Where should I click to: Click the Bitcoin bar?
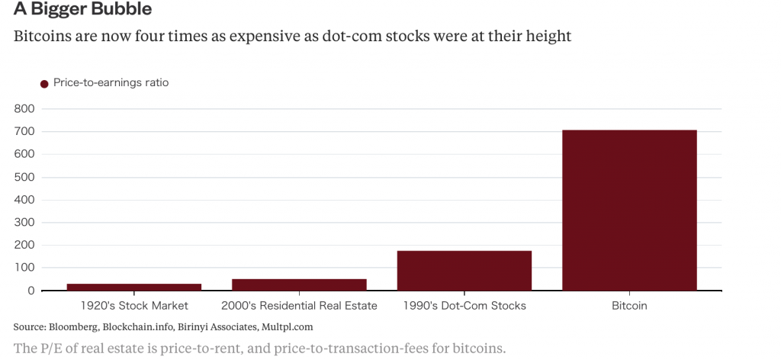pyautogui.click(x=629, y=210)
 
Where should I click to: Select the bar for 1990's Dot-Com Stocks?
pyautogui.click(x=464, y=271)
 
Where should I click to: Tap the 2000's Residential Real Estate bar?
pyautogui.click(x=299, y=284)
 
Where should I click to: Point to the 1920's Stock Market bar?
pyautogui.click(x=134, y=287)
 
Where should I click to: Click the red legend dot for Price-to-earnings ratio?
pyautogui.click(x=44, y=83)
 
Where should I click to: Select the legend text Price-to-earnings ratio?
pyautogui.click(x=111, y=82)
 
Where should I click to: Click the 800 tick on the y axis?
pyautogui.click(x=24, y=108)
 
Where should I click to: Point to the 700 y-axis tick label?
pyautogui.click(x=24, y=131)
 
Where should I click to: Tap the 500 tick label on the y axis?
pyautogui.click(x=24, y=177)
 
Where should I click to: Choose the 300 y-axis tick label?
pyautogui.click(x=24, y=222)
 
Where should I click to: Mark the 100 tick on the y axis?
pyautogui.click(x=24, y=268)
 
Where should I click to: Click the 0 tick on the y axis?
pyautogui.click(x=31, y=291)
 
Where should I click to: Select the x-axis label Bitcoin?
pyautogui.click(x=629, y=306)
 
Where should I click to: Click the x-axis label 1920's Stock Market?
pyautogui.click(x=134, y=306)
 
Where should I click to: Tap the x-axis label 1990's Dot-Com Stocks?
pyautogui.click(x=464, y=306)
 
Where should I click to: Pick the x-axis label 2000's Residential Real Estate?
pyautogui.click(x=299, y=306)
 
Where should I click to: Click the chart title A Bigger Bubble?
pyautogui.click(x=82, y=10)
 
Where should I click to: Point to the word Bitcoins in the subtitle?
pyautogui.click(x=40, y=36)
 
